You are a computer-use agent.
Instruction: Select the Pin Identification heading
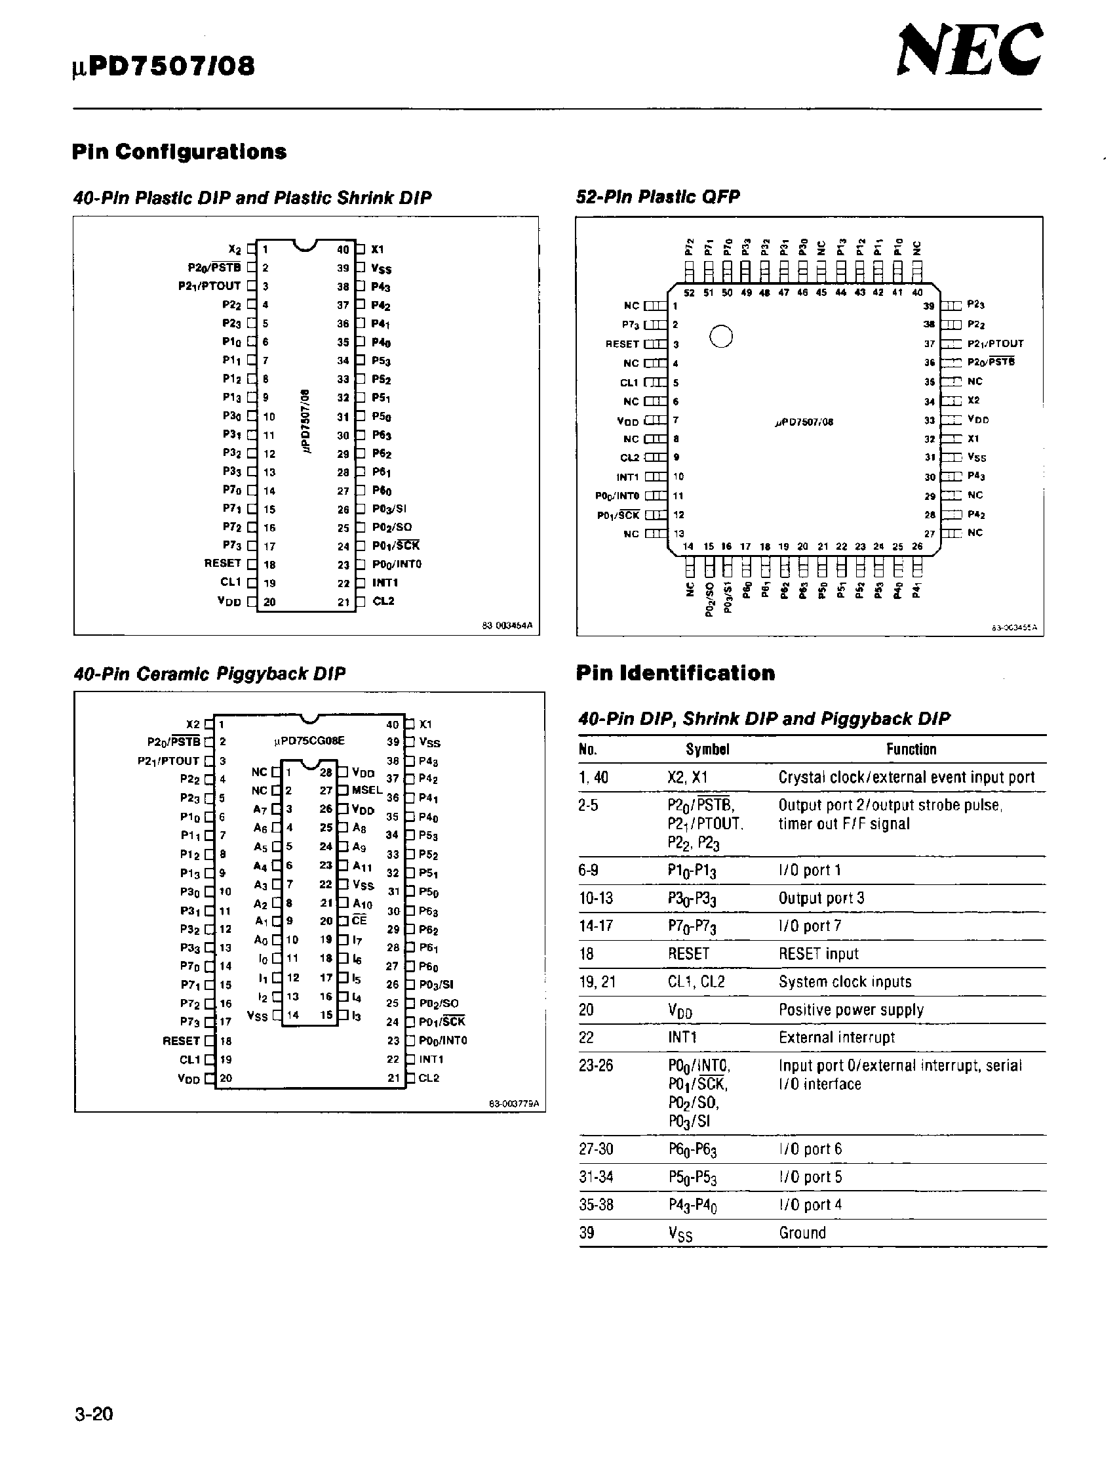675,673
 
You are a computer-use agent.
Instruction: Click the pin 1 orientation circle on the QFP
720,336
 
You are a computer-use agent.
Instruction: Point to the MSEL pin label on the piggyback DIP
367,790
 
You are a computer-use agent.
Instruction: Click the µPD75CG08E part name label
309,741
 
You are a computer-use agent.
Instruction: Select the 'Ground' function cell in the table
802,1233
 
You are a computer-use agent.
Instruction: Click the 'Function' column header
911,749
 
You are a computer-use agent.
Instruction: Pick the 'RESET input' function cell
818,954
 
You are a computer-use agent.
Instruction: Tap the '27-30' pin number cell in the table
596,1149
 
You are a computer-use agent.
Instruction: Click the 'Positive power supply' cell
851,1010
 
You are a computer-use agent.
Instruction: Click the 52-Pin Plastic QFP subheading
658,197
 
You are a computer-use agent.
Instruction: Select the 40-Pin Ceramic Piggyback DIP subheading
209,674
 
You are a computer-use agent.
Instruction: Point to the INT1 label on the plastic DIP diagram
385,583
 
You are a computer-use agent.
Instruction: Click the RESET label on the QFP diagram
621,344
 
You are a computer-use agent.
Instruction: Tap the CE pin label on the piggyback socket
359,920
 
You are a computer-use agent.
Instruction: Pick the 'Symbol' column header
707,749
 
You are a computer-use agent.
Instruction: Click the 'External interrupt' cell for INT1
836,1037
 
